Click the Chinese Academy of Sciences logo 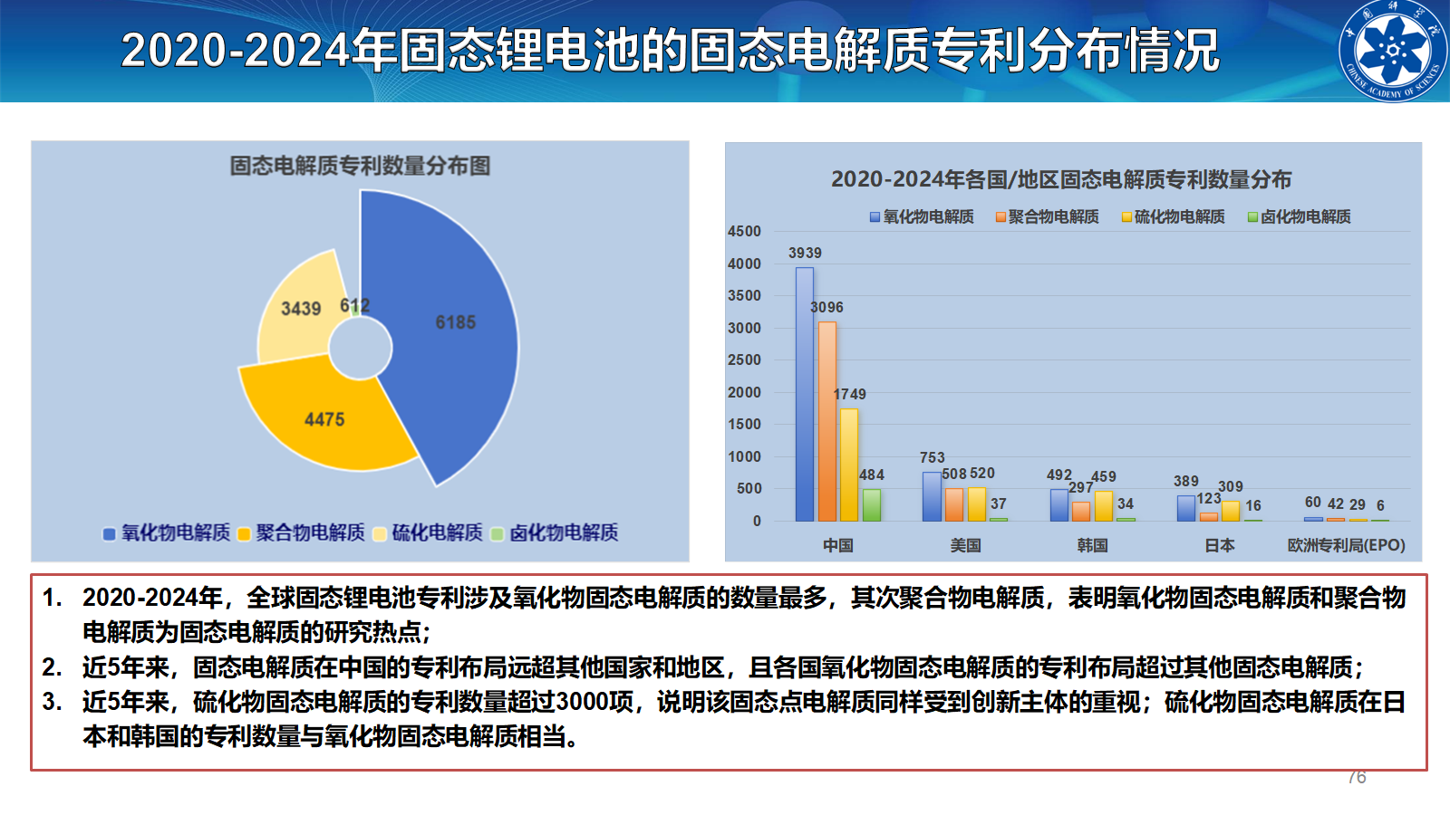(x=1393, y=51)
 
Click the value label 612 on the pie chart (x=354, y=306)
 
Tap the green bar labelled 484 (x=871, y=504)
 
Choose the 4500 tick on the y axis (x=744, y=232)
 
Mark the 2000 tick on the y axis (x=744, y=392)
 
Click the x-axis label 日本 (x=1220, y=545)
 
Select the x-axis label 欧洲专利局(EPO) (x=1346, y=545)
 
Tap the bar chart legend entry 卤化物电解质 (x=1300, y=216)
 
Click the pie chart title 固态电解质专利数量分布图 (x=360, y=166)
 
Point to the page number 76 (x=1357, y=777)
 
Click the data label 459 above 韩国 (x=1103, y=476)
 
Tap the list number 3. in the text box (x=53, y=702)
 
